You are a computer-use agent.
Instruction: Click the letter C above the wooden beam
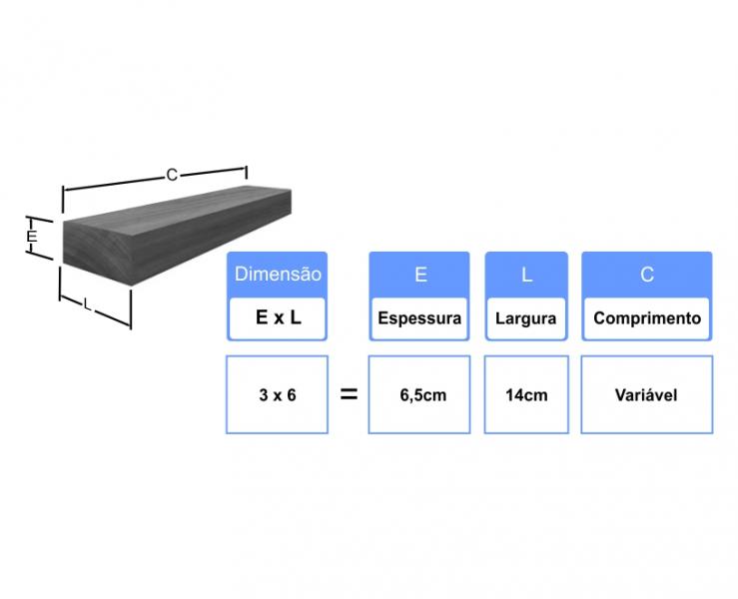click(172, 175)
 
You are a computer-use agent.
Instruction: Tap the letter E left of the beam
click(32, 236)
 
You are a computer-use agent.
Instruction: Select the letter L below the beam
click(88, 304)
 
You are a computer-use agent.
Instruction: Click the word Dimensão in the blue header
click(278, 274)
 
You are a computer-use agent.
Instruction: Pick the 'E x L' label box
click(278, 318)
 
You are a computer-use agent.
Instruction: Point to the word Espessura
click(419, 318)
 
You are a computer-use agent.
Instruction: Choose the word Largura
click(525, 318)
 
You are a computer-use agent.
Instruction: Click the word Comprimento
click(647, 318)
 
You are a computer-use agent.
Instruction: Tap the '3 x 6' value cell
click(278, 394)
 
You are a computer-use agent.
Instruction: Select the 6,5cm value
click(423, 395)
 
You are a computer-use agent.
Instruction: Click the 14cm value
click(526, 395)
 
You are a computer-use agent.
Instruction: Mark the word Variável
click(646, 394)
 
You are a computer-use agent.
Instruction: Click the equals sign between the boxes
click(349, 394)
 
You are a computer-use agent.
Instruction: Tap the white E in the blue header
click(420, 275)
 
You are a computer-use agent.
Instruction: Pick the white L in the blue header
click(526, 275)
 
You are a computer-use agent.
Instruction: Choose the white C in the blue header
click(647, 275)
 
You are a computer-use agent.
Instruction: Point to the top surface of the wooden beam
click(179, 211)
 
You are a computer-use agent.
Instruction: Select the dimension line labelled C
click(155, 179)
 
